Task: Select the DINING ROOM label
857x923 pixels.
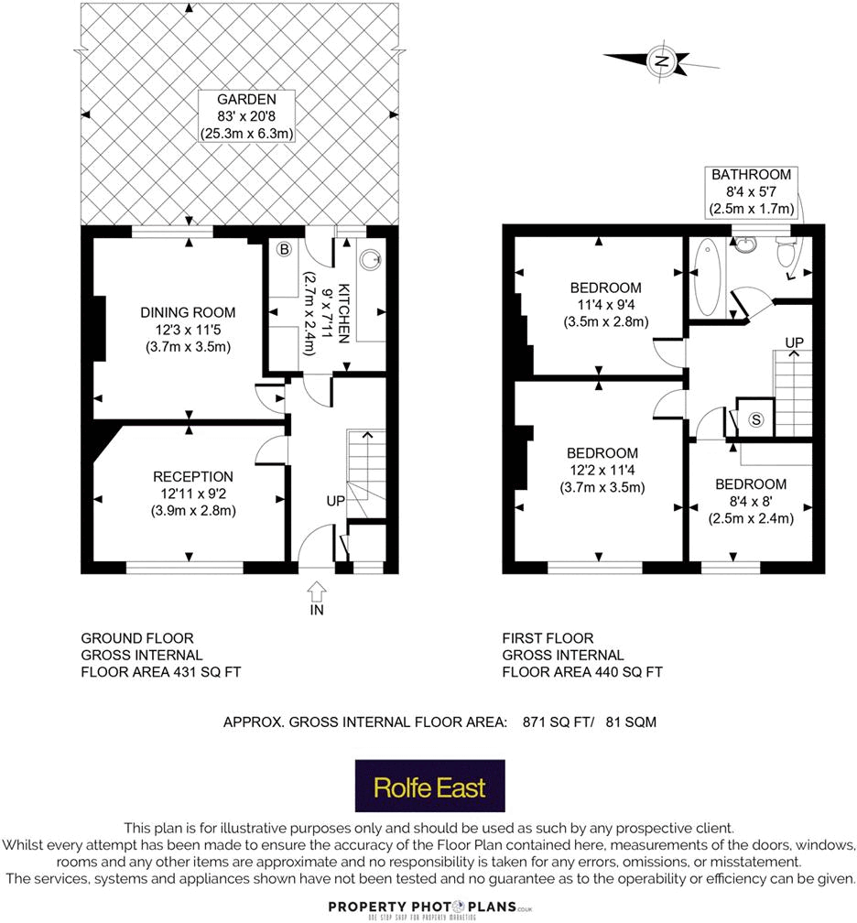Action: pyautogui.click(x=188, y=312)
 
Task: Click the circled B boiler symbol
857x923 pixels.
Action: pyautogui.click(x=284, y=249)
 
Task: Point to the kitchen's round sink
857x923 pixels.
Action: pyautogui.click(x=372, y=259)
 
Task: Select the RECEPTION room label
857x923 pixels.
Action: pyautogui.click(x=193, y=476)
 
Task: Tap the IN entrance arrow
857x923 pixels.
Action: pyautogui.click(x=317, y=592)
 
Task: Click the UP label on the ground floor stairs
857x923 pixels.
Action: pyautogui.click(x=335, y=502)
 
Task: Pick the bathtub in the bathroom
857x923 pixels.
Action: pyautogui.click(x=708, y=276)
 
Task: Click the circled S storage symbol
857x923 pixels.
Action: pyautogui.click(x=755, y=419)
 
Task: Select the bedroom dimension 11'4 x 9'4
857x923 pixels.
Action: pyautogui.click(x=603, y=305)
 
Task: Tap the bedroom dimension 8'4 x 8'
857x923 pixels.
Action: pyautogui.click(x=750, y=502)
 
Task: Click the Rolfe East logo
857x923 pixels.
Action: pyautogui.click(x=429, y=787)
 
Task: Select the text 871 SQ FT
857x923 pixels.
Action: pyautogui.click(x=551, y=722)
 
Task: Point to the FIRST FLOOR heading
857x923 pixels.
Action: pyautogui.click(x=548, y=638)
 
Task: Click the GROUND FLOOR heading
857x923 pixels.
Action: pyautogui.click(x=137, y=638)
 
